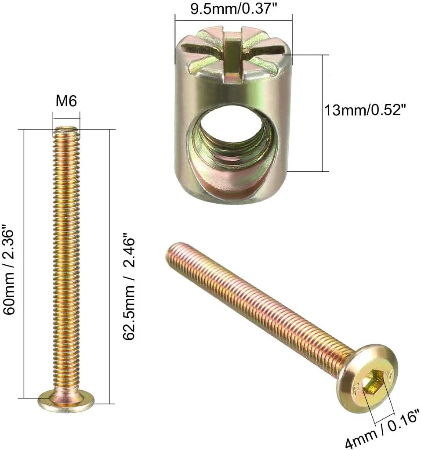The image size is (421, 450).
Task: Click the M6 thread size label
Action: [66, 101]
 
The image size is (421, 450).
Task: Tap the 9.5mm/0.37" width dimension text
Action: [233, 9]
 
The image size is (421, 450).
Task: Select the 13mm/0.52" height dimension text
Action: [364, 110]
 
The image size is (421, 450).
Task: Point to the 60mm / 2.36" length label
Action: [10, 269]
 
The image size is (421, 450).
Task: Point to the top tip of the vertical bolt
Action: [66, 130]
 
